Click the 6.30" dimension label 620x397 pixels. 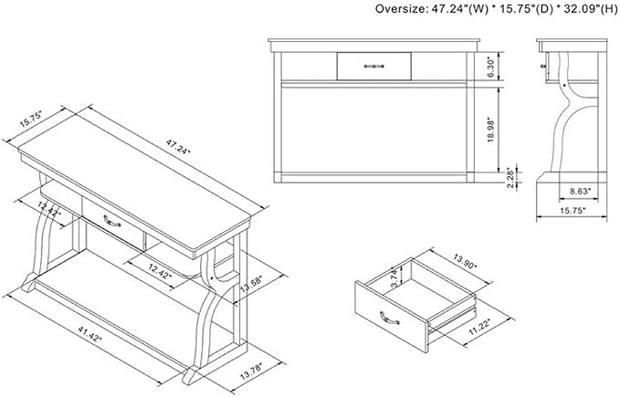pyautogui.click(x=490, y=68)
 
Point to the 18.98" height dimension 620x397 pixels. pyautogui.click(x=490, y=130)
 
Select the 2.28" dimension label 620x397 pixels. pyautogui.click(x=510, y=178)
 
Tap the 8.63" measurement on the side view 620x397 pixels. pyautogui.click(x=580, y=191)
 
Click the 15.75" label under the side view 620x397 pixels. pyautogui.click(x=572, y=211)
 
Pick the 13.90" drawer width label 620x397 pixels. pyautogui.click(x=465, y=262)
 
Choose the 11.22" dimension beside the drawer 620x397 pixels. pyautogui.click(x=479, y=327)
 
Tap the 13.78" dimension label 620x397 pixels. pyautogui.click(x=251, y=371)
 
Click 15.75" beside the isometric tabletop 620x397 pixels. pyautogui.click(x=30, y=118)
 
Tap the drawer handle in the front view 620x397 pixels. pyautogui.click(x=373, y=66)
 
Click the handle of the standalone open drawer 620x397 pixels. pyautogui.click(x=389, y=318)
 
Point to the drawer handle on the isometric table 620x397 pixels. pyautogui.click(x=112, y=221)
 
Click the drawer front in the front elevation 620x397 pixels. pyautogui.click(x=373, y=66)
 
